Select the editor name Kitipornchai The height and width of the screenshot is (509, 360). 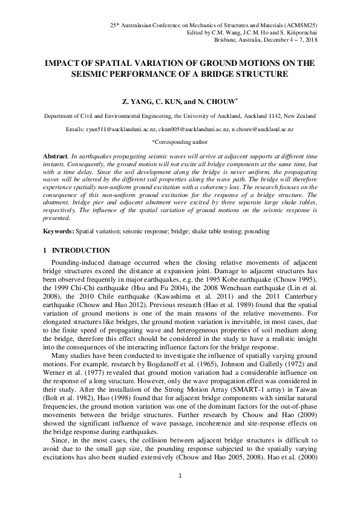(x=298, y=31)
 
